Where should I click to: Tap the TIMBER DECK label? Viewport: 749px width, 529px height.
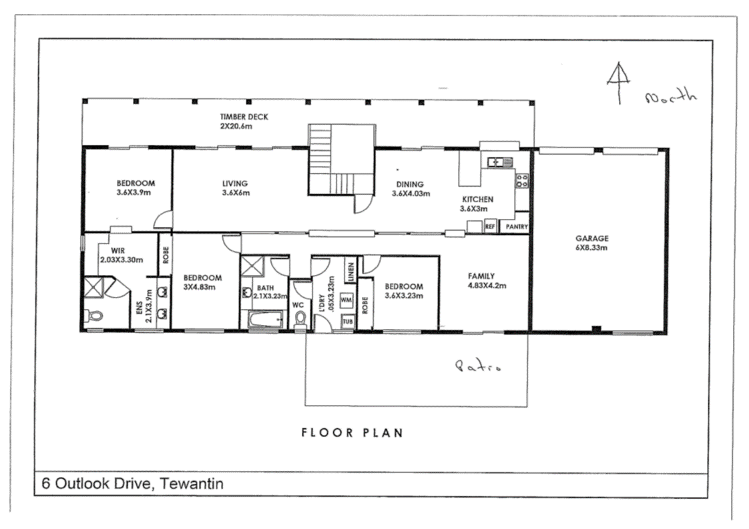tap(244, 121)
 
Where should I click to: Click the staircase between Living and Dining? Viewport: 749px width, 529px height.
tap(340, 160)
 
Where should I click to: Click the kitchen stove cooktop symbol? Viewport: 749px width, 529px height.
tap(522, 180)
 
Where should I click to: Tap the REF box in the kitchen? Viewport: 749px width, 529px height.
tap(490, 227)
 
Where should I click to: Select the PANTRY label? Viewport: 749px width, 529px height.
tap(517, 227)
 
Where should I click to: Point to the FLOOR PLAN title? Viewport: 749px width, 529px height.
tap(352, 432)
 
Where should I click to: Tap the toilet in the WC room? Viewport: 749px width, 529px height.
tap(300, 319)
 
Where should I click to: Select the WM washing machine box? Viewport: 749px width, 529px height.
tap(346, 300)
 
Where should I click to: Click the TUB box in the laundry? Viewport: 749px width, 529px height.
tap(347, 321)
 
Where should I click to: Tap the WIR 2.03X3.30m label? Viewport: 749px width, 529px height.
tap(121, 255)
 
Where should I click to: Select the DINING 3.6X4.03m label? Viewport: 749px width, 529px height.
tap(411, 189)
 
